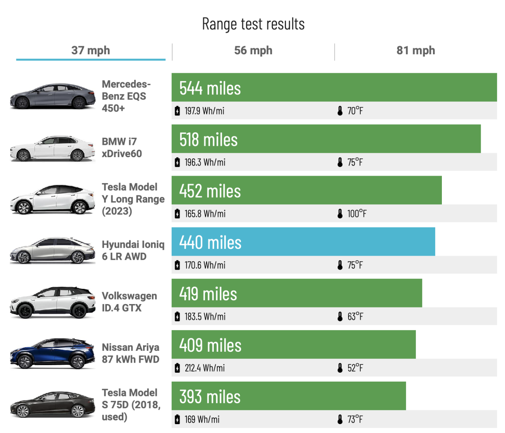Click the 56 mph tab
click(x=253, y=51)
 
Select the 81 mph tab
click(x=415, y=51)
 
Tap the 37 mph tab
click(x=90, y=51)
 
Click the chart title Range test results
click(x=253, y=24)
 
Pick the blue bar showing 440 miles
click(x=303, y=242)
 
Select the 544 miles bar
click(x=334, y=88)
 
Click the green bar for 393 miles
click(x=288, y=396)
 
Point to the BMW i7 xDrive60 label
click(x=122, y=147)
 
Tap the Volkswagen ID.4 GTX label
click(x=129, y=302)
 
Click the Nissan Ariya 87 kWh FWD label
click(x=130, y=353)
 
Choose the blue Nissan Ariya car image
click(x=53, y=354)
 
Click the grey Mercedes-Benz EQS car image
click(x=53, y=96)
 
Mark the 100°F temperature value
click(x=356, y=214)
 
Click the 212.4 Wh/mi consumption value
click(x=205, y=368)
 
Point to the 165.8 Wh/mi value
click(x=205, y=214)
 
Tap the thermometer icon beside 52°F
click(x=340, y=368)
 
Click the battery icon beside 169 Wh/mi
click(x=177, y=420)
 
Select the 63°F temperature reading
click(x=355, y=317)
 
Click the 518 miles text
click(x=208, y=139)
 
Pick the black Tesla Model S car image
click(x=53, y=405)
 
